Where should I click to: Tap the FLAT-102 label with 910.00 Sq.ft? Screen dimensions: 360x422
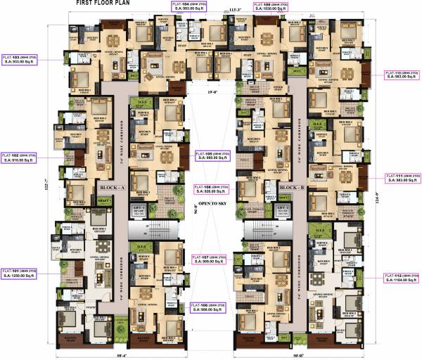point(20,157)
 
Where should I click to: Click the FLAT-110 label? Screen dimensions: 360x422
point(402,75)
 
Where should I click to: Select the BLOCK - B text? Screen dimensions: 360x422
point(290,188)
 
